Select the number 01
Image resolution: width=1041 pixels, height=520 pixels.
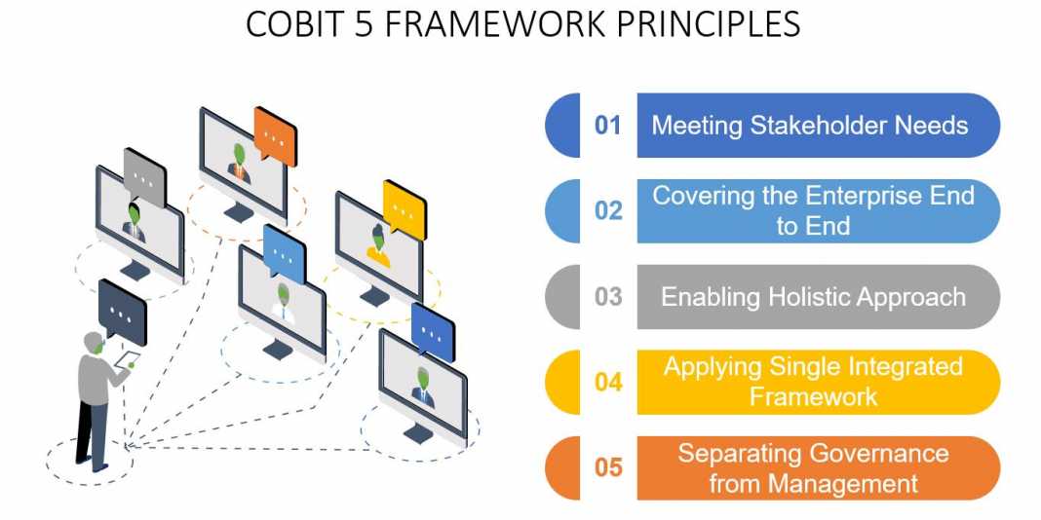point(607,126)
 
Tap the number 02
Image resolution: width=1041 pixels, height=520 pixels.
point(608,211)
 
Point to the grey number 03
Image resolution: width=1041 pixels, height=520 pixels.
point(608,296)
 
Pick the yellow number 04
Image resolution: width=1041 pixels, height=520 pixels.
point(608,382)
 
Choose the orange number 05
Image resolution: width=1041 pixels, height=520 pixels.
point(608,467)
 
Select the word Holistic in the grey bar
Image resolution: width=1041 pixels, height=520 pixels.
point(809,296)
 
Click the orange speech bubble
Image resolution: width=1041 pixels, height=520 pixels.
point(275,136)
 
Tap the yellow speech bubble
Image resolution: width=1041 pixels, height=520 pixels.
point(405,209)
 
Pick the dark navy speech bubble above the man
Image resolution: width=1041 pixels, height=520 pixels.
point(122,312)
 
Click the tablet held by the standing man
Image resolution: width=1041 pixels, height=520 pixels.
point(128,358)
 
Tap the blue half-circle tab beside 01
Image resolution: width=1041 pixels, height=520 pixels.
point(562,126)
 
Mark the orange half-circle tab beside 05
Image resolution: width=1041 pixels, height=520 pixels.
point(562,467)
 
